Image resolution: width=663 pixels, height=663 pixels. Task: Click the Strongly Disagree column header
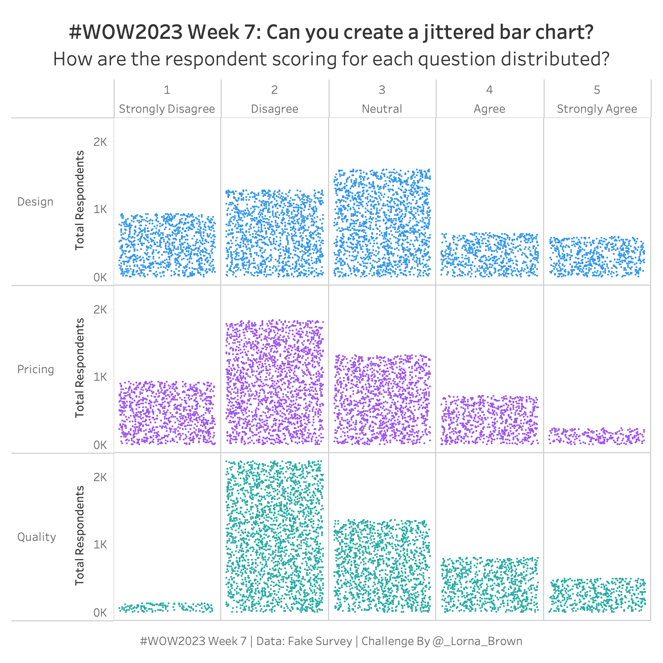click(167, 109)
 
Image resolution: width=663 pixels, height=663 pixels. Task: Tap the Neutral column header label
click(382, 109)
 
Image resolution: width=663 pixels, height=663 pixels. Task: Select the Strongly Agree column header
click(597, 109)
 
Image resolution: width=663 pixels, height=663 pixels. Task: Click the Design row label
click(35, 202)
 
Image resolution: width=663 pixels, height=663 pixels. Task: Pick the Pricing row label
click(36, 369)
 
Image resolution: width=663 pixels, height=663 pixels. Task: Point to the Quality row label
click(36, 537)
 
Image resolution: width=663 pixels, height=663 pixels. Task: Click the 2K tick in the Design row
click(100, 142)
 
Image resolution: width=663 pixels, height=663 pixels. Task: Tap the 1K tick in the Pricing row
click(100, 377)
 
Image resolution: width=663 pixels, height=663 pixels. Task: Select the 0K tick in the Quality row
click(100, 613)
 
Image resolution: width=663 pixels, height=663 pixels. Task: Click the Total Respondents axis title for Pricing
click(80, 368)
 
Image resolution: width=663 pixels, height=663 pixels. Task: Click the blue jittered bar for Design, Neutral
click(382, 223)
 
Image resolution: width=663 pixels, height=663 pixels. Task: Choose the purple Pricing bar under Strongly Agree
click(597, 436)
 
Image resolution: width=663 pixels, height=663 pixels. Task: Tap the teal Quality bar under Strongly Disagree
click(166, 607)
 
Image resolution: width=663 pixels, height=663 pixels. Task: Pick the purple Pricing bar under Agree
click(489, 420)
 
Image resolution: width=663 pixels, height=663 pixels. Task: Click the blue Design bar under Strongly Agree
click(597, 256)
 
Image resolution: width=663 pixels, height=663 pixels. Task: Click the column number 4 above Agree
click(489, 90)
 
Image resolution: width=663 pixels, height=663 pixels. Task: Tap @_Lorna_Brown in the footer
click(477, 641)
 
